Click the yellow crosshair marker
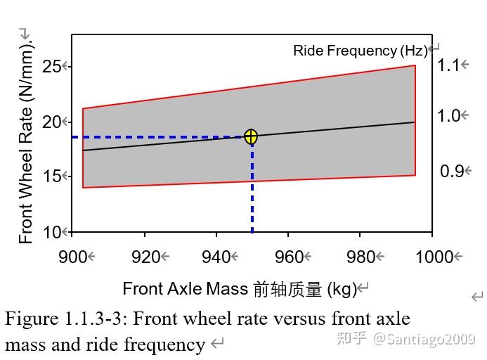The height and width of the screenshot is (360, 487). pos(251,136)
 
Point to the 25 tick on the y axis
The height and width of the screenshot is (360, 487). pos(51,67)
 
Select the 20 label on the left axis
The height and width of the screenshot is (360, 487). pos(51,122)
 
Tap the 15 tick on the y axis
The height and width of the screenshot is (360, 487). pos(51,176)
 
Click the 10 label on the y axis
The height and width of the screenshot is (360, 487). pos(51,231)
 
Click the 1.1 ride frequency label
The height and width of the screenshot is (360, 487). pos(448,65)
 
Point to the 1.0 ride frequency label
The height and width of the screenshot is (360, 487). pos(448,116)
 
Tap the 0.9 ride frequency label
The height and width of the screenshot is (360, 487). pos(451,171)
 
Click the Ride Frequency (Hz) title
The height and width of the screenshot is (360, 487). pos(360,51)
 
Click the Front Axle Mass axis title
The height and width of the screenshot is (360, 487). pos(240,288)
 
